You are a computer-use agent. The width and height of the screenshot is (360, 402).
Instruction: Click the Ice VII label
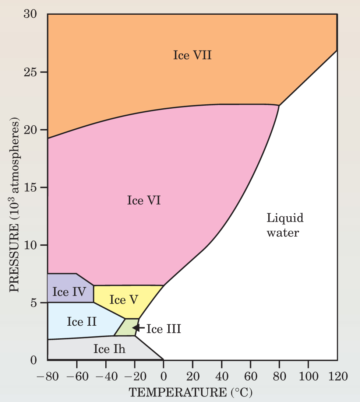click(x=192, y=56)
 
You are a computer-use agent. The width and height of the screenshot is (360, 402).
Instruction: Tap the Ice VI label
click(x=144, y=201)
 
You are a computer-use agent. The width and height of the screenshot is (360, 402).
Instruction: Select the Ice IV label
click(x=69, y=292)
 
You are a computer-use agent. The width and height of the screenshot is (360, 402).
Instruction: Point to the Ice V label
click(x=124, y=300)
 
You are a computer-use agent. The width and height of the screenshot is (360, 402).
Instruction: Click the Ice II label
click(x=82, y=321)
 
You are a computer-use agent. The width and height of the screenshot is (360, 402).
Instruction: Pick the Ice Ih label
click(x=109, y=349)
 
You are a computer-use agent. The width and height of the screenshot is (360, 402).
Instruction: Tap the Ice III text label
click(x=164, y=329)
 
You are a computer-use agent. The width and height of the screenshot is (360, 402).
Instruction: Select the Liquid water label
click(x=285, y=225)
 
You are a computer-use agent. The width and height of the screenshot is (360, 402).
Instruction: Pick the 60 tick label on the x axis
click(x=250, y=377)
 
